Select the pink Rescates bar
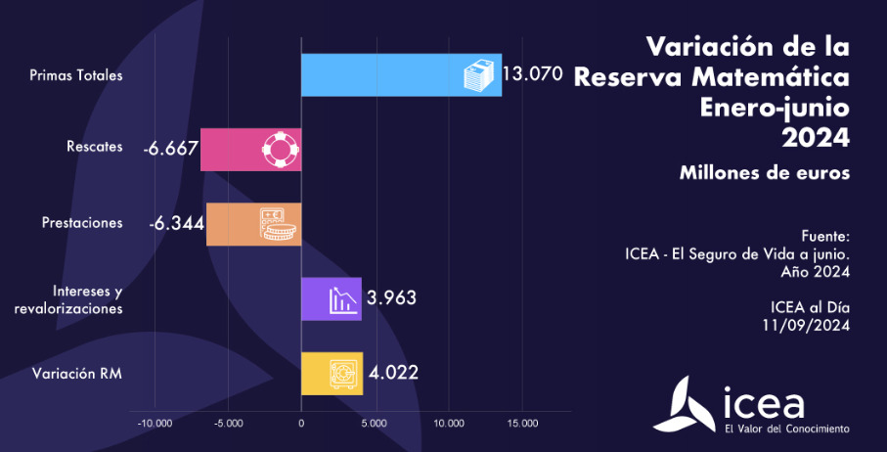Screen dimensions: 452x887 (x=235, y=150)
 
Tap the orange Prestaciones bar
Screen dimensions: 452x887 (x=235, y=224)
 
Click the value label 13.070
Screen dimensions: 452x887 (x=532, y=73)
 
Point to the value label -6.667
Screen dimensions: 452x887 (x=170, y=149)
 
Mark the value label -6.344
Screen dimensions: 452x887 (x=176, y=223)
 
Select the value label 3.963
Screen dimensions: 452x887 (x=391, y=298)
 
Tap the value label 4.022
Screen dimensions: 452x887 (x=393, y=373)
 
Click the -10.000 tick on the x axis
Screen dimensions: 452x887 (x=155, y=424)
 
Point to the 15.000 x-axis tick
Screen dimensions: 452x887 (x=521, y=424)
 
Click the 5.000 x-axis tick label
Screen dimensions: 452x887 (x=375, y=424)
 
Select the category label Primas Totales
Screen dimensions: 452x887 (x=76, y=74)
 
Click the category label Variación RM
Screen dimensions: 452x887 (x=77, y=373)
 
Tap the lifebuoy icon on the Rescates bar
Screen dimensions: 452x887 (x=280, y=150)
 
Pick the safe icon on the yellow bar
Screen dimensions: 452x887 (x=343, y=374)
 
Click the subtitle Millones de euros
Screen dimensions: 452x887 (x=764, y=172)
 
